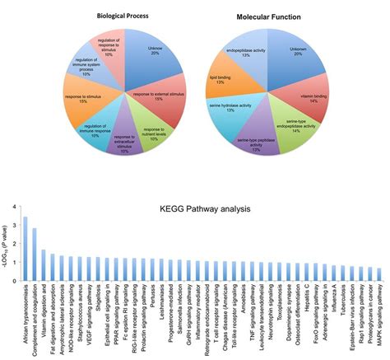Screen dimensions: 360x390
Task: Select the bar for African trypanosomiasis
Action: [x=26, y=246]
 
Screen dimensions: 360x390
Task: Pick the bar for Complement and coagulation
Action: [x=35, y=252]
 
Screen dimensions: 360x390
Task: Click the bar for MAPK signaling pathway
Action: [x=378, y=272]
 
